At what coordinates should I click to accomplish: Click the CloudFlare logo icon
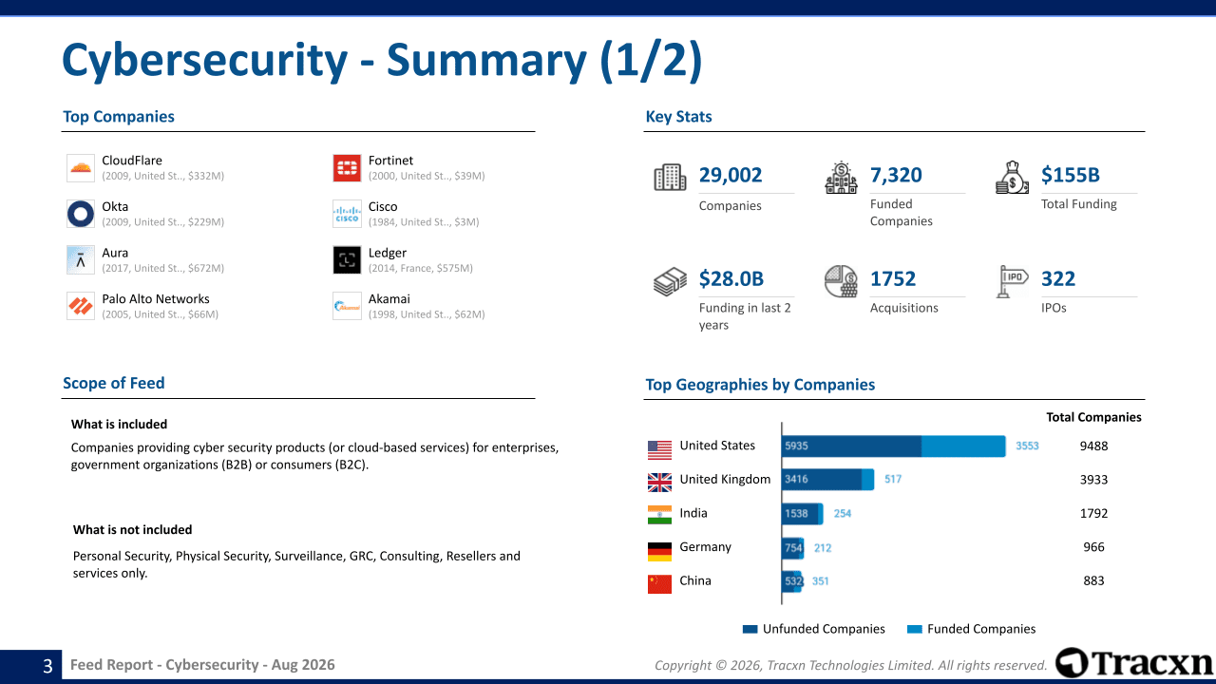[x=81, y=168]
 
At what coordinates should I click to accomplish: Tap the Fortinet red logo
[x=347, y=168]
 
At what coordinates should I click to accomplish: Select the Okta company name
[x=115, y=207]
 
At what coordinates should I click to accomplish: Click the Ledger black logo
[x=347, y=260]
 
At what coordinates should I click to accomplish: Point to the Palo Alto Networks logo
[x=81, y=306]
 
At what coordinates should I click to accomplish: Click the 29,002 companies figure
[x=731, y=175]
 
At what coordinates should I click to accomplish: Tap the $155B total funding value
[x=1070, y=175]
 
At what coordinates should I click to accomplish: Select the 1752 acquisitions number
[x=892, y=279]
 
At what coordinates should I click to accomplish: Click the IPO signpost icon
[x=1012, y=281]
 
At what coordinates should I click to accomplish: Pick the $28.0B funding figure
[x=731, y=279]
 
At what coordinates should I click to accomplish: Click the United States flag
[x=659, y=450]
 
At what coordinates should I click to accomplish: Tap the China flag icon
[x=659, y=584]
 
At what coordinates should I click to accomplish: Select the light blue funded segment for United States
[x=963, y=446]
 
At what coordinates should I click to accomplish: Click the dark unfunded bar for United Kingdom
[x=822, y=480]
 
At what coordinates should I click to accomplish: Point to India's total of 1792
[x=1093, y=514]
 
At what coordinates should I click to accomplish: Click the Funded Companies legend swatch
[x=914, y=629]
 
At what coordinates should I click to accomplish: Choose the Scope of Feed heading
[x=113, y=383]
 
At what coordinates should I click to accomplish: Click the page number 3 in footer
[x=47, y=666]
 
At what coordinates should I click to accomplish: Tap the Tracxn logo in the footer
[x=1133, y=663]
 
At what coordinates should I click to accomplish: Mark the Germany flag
[x=659, y=552]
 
